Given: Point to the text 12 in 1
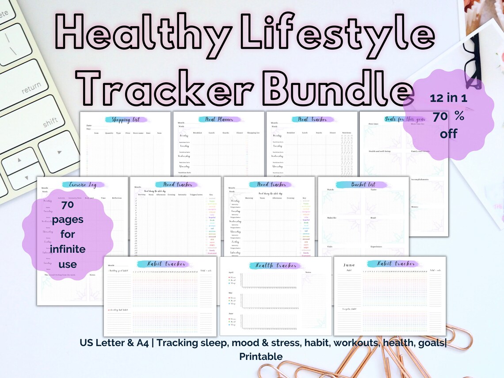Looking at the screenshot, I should point(448,98).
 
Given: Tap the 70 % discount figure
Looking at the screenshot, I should point(448,116).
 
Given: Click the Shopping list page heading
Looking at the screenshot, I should point(126,119).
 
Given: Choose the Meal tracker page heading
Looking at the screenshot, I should point(312,119).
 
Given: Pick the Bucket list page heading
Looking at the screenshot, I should point(363,184).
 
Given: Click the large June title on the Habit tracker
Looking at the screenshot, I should point(349,265).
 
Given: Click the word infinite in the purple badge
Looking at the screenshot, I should point(67,249).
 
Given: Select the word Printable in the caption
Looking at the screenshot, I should point(261,356).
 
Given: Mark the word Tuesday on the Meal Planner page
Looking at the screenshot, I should point(185,146).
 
